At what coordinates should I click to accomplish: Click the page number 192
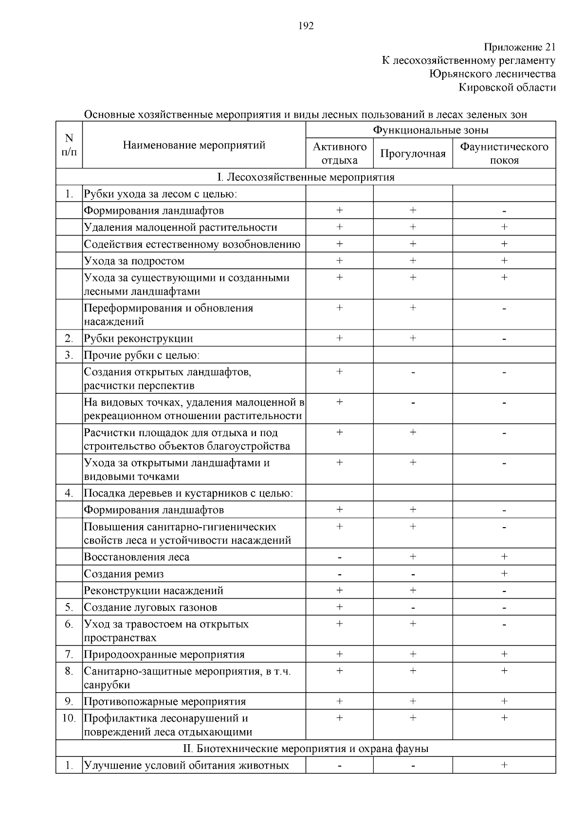click(x=306, y=26)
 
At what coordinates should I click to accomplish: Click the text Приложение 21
click(x=519, y=47)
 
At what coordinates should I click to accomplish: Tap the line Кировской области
click(x=507, y=88)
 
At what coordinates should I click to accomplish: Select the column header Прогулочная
click(x=413, y=154)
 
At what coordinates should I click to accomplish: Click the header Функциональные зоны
click(x=431, y=130)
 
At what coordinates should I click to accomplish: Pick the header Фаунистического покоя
click(x=504, y=153)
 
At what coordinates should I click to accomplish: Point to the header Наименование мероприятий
click(x=194, y=145)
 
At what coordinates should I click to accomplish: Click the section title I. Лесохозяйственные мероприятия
click(x=306, y=177)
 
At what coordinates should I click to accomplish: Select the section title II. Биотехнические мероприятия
click(x=306, y=749)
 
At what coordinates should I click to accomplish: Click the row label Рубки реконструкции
click(x=138, y=338)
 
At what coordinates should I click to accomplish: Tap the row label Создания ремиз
click(x=124, y=574)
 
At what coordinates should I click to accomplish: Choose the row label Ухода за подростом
click(x=134, y=261)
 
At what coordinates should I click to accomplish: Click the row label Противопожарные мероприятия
click(x=164, y=701)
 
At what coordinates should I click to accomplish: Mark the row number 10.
click(x=69, y=718)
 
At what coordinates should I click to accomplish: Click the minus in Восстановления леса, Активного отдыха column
click(x=340, y=557)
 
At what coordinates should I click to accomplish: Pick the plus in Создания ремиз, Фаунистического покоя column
click(x=504, y=573)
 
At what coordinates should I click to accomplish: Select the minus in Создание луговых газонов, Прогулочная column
click(x=413, y=608)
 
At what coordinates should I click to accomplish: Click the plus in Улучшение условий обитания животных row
click(x=504, y=765)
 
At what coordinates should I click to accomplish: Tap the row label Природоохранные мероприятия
click(x=164, y=654)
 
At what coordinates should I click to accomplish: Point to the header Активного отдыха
click(x=340, y=153)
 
